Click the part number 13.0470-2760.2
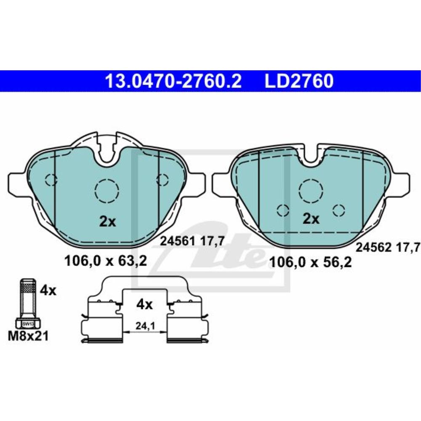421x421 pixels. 173,80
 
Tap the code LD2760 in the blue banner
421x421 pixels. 298,80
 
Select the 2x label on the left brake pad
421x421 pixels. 108,221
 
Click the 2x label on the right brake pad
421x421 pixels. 312,218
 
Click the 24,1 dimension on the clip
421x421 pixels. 144,326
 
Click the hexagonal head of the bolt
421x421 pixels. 27,324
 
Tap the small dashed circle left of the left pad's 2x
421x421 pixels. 51,180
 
